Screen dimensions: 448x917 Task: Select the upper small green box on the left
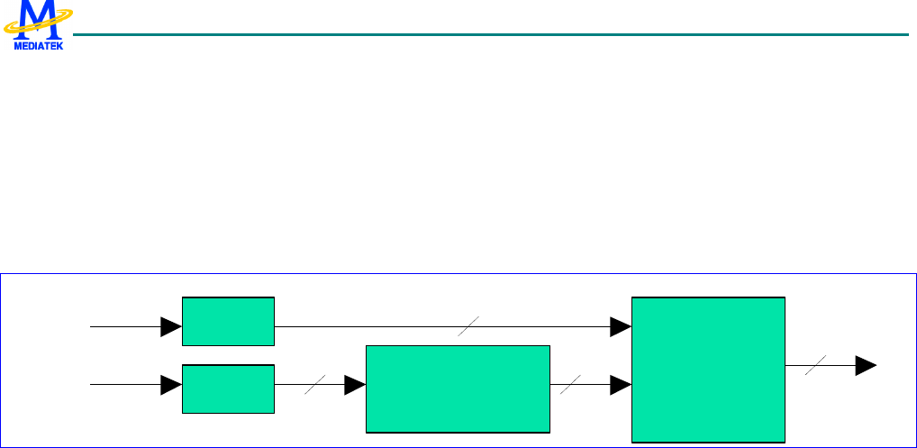pos(228,320)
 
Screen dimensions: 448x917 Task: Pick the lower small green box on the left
pos(228,389)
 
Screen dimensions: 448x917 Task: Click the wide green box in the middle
pos(458,388)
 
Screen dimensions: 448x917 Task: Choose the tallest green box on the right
pos(709,369)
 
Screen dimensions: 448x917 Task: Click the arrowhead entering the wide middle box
pos(355,386)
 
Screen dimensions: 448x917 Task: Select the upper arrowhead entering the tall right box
pos(621,326)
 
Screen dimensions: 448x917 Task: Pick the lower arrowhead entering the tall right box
pos(621,386)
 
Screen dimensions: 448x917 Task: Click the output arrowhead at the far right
pos(866,365)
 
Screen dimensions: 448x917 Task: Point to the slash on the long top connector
pos(468,327)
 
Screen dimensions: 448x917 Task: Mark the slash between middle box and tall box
pos(570,386)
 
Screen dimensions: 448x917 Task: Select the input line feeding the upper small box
pos(126,326)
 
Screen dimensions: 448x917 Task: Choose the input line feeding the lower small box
pos(126,386)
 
